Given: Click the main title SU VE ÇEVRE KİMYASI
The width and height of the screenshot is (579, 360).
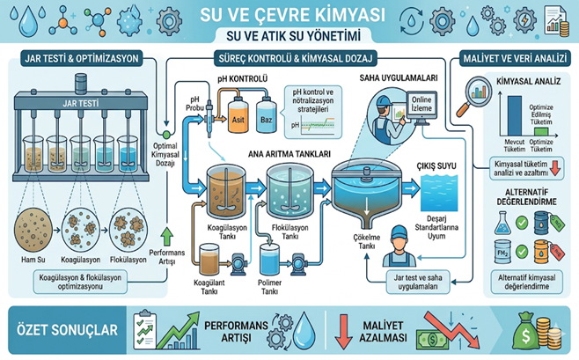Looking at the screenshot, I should [x=291, y=15].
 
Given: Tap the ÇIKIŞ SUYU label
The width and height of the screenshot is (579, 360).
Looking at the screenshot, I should [x=438, y=165].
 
